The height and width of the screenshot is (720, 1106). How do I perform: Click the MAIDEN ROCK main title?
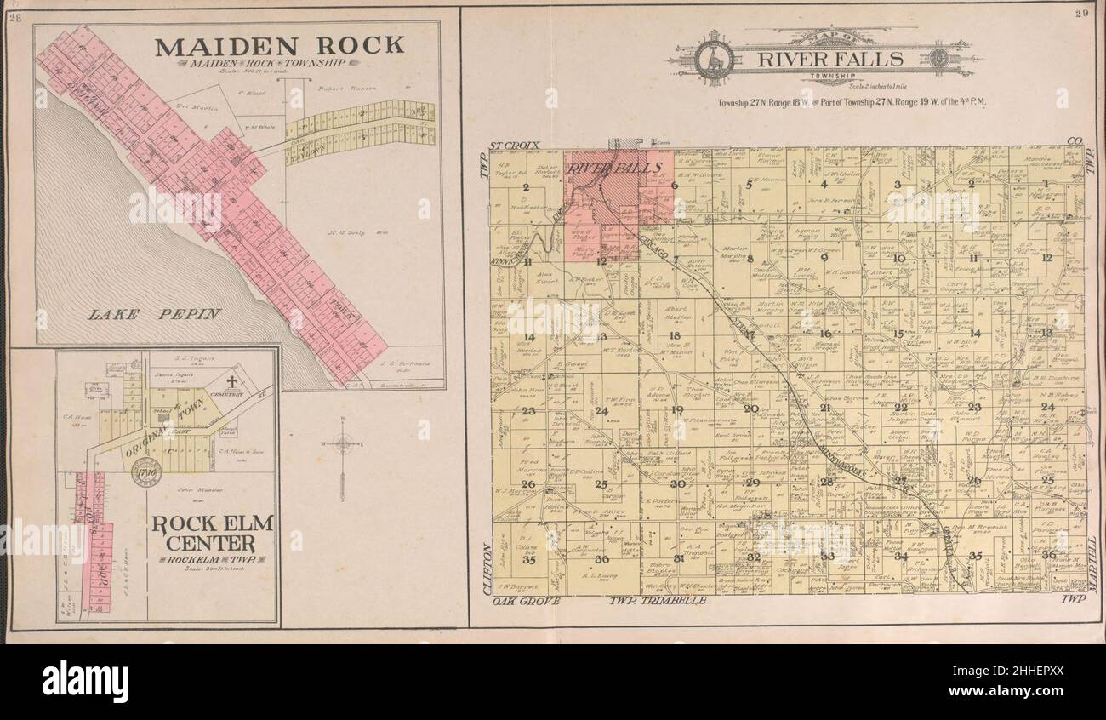(279, 46)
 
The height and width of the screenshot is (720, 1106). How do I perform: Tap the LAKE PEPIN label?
(155, 314)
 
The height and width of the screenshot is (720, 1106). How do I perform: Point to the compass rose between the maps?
(342, 443)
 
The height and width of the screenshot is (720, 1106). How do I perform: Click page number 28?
(14, 18)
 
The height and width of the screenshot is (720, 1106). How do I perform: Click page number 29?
(1081, 13)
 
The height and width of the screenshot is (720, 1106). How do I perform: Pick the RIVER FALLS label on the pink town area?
(603, 168)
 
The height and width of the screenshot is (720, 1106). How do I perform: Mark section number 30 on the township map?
(677, 483)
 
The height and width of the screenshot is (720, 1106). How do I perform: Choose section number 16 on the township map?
(824, 334)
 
